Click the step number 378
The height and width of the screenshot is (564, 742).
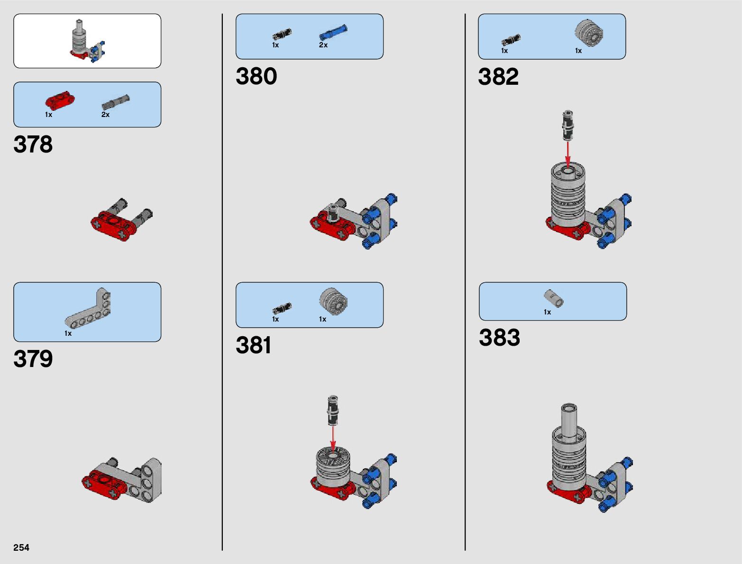[x=33, y=144]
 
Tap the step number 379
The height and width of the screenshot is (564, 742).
[x=33, y=359]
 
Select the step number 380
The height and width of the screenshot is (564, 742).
[x=256, y=76]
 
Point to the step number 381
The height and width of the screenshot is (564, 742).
[x=254, y=345]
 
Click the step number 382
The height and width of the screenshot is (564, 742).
[x=498, y=77]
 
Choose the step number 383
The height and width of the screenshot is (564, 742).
[x=499, y=338]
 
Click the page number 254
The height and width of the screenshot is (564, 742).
[x=21, y=547]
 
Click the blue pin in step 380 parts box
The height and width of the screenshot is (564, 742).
[x=333, y=32]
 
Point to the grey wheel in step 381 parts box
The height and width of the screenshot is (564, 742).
[x=333, y=301]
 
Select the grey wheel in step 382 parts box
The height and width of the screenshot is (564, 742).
[x=589, y=32]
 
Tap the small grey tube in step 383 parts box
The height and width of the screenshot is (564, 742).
[x=553, y=298]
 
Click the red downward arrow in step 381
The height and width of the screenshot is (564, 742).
[x=333, y=438]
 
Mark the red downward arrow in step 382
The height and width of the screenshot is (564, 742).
[x=568, y=154]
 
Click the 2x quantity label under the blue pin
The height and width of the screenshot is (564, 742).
[x=323, y=45]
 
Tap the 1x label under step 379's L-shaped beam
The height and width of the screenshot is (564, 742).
[x=68, y=333]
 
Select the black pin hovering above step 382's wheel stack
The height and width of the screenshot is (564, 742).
[x=568, y=125]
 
